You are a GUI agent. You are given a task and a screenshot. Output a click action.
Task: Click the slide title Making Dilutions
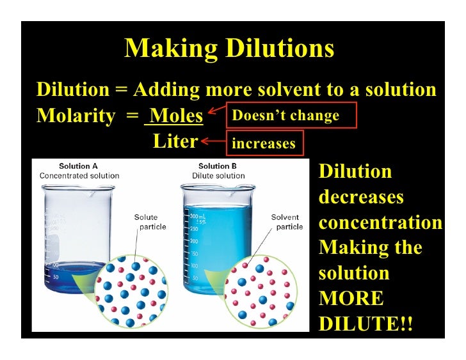(x=229, y=49)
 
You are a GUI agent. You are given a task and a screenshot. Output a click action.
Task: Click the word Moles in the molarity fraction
(x=176, y=116)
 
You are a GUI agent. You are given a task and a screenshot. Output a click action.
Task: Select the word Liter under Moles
(x=175, y=141)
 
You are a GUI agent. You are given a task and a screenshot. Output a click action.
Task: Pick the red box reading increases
(x=264, y=143)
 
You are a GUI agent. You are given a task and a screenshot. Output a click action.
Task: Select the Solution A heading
(x=79, y=166)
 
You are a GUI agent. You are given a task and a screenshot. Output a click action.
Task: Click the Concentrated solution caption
(x=79, y=175)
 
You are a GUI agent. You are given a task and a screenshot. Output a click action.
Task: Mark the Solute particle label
(x=150, y=222)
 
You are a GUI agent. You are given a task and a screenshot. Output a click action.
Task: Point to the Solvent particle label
(x=287, y=222)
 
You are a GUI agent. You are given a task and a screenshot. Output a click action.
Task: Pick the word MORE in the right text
(x=351, y=299)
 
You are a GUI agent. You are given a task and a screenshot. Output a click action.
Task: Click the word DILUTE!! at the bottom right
(x=366, y=324)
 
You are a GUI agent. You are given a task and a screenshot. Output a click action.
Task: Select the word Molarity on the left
(x=72, y=116)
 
